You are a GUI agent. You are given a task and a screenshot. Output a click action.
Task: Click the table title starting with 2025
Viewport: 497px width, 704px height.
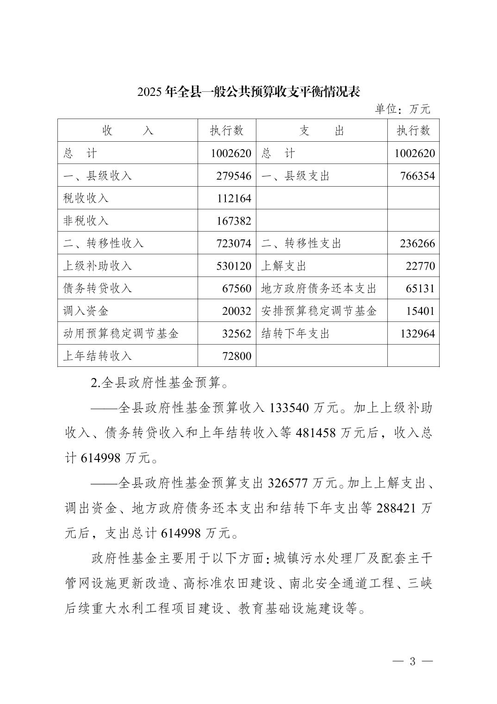(x=248, y=92)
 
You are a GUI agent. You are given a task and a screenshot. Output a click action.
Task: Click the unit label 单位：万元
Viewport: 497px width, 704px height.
(x=402, y=109)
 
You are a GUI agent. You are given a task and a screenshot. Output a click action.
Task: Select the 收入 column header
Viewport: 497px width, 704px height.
(x=127, y=131)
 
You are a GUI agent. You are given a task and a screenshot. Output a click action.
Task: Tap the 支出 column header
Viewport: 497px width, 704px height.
(x=322, y=131)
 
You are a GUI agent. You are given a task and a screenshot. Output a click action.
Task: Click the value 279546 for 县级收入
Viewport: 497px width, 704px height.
(x=234, y=176)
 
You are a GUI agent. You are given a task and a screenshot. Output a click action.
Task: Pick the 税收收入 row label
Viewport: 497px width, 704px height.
(x=86, y=198)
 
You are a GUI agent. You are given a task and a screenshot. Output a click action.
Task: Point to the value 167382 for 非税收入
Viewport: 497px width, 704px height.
(x=234, y=221)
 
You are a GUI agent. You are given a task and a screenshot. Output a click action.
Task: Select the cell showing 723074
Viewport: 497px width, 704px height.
(x=234, y=243)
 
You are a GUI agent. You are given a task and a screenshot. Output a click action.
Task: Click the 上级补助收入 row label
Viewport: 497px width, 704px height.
(x=98, y=266)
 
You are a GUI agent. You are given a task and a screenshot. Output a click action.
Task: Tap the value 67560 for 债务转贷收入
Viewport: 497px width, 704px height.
(x=236, y=288)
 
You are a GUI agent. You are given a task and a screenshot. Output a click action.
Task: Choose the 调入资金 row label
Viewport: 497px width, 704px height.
(x=86, y=311)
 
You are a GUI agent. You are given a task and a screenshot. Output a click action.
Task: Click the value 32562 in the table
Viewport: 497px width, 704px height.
(x=236, y=333)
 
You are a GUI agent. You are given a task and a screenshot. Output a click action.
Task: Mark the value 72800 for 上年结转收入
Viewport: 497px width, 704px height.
(x=236, y=356)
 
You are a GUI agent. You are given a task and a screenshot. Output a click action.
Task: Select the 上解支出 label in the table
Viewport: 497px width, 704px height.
(x=284, y=266)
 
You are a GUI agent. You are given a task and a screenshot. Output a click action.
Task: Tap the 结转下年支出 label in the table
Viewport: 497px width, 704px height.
(x=295, y=333)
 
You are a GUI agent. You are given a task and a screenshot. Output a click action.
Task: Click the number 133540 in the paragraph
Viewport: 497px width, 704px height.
(x=288, y=408)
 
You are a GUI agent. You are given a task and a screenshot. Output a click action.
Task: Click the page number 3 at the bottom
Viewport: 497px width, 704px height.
(x=412, y=661)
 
